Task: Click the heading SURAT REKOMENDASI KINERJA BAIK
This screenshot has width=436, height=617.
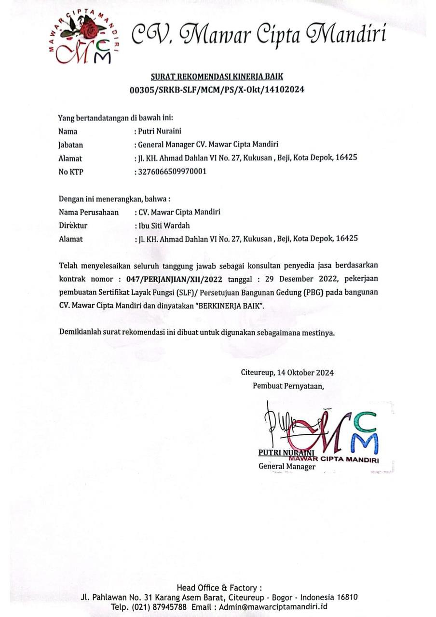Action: coord(217,76)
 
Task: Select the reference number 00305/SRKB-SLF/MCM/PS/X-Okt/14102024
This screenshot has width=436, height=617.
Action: coord(217,90)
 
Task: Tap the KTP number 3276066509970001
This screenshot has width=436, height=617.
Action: coord(172,171)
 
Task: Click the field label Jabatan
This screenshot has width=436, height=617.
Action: coord(70,145)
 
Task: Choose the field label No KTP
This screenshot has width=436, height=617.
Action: coord(71,171)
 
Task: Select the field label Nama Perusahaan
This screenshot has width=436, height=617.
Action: coord(89,212)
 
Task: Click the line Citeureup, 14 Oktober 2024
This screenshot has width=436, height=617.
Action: coord(287,373)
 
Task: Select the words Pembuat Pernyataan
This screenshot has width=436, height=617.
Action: coord(288,386)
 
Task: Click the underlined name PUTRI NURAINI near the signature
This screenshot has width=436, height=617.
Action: coord(286,453)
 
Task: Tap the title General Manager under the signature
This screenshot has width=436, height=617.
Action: coord(287,467)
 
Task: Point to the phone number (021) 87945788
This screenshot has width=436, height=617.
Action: coord(159,607)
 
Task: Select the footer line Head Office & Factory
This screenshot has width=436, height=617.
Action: coord(219,588)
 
